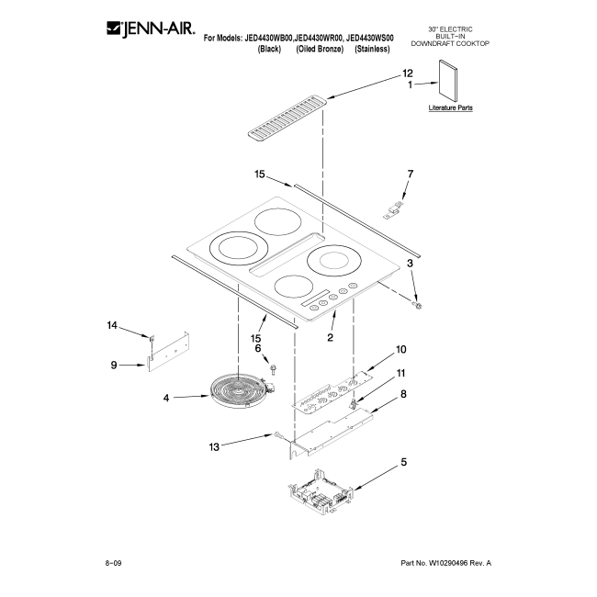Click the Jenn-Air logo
151,28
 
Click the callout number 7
410,174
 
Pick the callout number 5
403,462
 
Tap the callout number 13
214,446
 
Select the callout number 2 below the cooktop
330,337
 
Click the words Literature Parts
450,107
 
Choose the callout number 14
112,325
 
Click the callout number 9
114,365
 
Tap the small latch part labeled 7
392,209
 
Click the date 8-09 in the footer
113,563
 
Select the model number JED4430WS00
370,38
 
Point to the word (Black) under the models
269,49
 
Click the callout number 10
401,349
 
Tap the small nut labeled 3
418,306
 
